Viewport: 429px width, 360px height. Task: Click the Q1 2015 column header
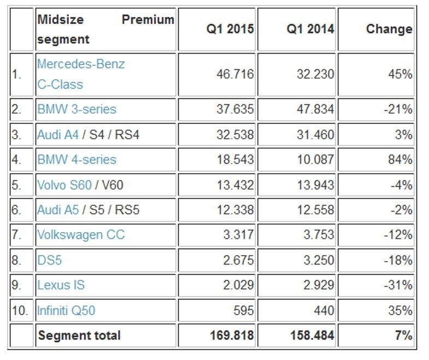coord(230,29)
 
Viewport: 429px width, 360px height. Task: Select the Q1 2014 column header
coord(310,29)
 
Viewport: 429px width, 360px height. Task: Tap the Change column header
coord(389,29)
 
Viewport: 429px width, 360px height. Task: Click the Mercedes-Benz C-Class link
coord(81,74)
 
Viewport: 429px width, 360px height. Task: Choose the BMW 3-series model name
coord(77,109)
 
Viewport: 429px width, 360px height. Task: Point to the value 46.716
coord(236,74)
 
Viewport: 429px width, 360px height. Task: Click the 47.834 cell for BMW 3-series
coord(316,109)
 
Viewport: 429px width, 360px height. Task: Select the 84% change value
coord(401,160)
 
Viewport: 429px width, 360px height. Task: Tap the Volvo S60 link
coord(64,185)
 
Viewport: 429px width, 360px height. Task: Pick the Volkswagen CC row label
coord(81,235)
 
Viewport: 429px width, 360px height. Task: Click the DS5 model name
coord(50,260)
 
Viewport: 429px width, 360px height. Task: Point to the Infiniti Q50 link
coord(66,310)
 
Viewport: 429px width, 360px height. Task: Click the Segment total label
coord(79,335)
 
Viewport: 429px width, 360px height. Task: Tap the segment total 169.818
coord(232,335)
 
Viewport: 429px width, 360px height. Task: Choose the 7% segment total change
coord(404,335)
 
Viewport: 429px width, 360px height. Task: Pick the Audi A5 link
coord(57,210)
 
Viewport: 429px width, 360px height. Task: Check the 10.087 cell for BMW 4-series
coord(316,160)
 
